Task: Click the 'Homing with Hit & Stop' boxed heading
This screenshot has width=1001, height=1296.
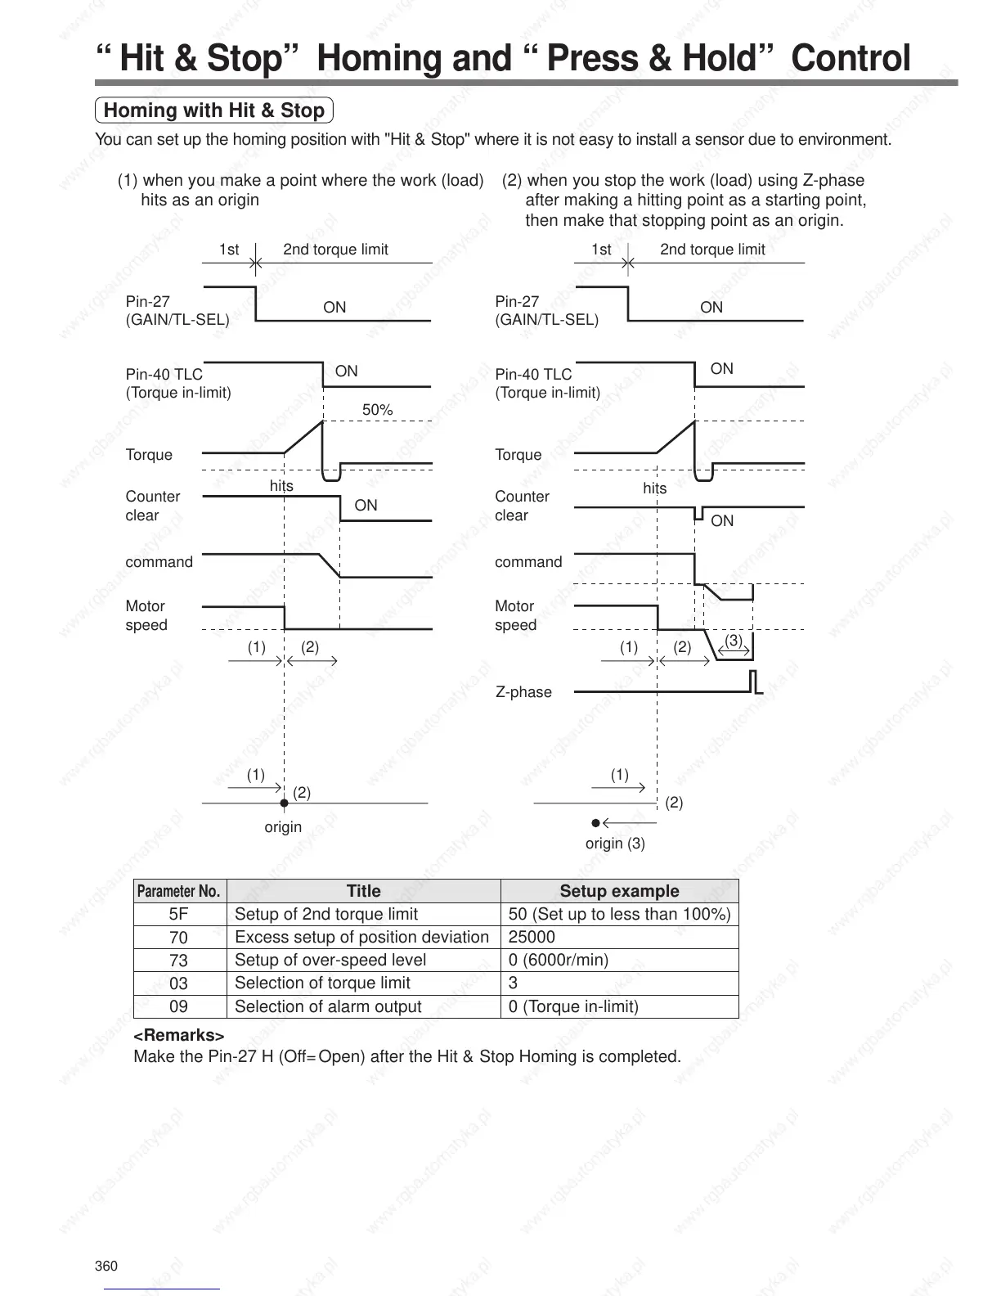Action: (x=214, y=110)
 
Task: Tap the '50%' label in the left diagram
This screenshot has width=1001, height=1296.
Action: (x=377, y=409)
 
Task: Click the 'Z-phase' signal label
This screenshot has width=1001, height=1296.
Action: (x=523, y=692)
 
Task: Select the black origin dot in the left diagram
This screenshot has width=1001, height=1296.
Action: (x=284, y=803)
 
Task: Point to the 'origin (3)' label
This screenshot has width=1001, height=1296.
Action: (x=615, y=844)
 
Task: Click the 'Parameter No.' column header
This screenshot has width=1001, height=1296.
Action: (x=179, y=891)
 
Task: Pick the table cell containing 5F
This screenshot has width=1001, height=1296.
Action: (x=179, y=914)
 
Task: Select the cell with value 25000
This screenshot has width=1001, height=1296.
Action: (x=532, y=937)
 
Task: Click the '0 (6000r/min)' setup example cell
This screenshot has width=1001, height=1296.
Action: (x=558, y=960)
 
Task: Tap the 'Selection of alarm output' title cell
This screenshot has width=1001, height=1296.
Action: (x=328, y=1006)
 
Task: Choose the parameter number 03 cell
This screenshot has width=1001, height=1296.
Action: (x=179, y=983)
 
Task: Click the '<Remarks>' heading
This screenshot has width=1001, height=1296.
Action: (x=178, y=1035)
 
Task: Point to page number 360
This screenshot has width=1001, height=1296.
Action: (x=106, y=1267)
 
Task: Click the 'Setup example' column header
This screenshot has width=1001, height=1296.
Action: (x=619, y=891)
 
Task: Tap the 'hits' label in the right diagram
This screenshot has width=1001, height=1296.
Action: (x=654, y=488)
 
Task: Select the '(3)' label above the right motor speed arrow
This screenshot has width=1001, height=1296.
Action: (x=734, y=641)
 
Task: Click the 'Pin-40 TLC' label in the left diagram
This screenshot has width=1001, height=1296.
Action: (x=164, y=375)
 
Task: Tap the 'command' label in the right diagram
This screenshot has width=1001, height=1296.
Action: (x=528, y=562)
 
